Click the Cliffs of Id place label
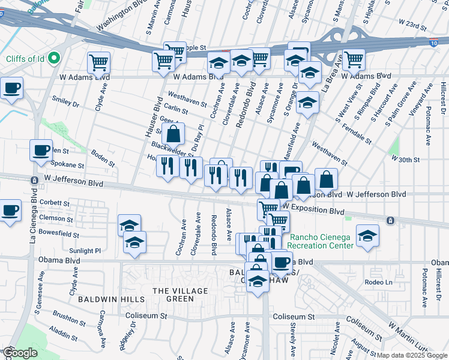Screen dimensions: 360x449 [x=23, y=58]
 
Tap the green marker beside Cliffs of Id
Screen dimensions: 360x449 [x=53, y=58]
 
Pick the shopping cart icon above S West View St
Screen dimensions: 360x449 [x=354, y=59]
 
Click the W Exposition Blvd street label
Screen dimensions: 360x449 [x=314, y=211]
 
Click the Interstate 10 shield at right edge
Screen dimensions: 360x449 [x=434, y=43]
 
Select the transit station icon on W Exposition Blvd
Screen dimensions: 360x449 [x=391, y=220]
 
